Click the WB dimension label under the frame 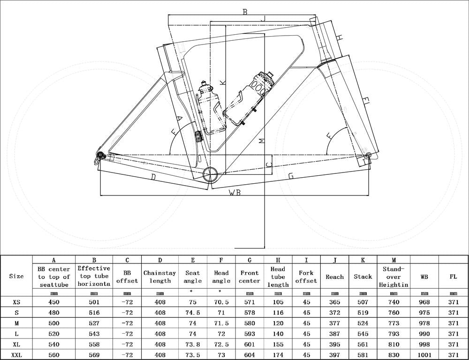234,193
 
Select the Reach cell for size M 334,323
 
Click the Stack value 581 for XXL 363,354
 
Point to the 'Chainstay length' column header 160,277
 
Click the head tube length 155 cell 278,344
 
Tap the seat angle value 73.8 192,344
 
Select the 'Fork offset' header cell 306,277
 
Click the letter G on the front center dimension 291,176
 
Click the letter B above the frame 244,12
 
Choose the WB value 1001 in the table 424,354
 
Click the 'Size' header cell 16,276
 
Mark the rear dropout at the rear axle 99,156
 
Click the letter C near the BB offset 268,165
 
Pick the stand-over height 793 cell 393,334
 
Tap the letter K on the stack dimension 223,82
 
